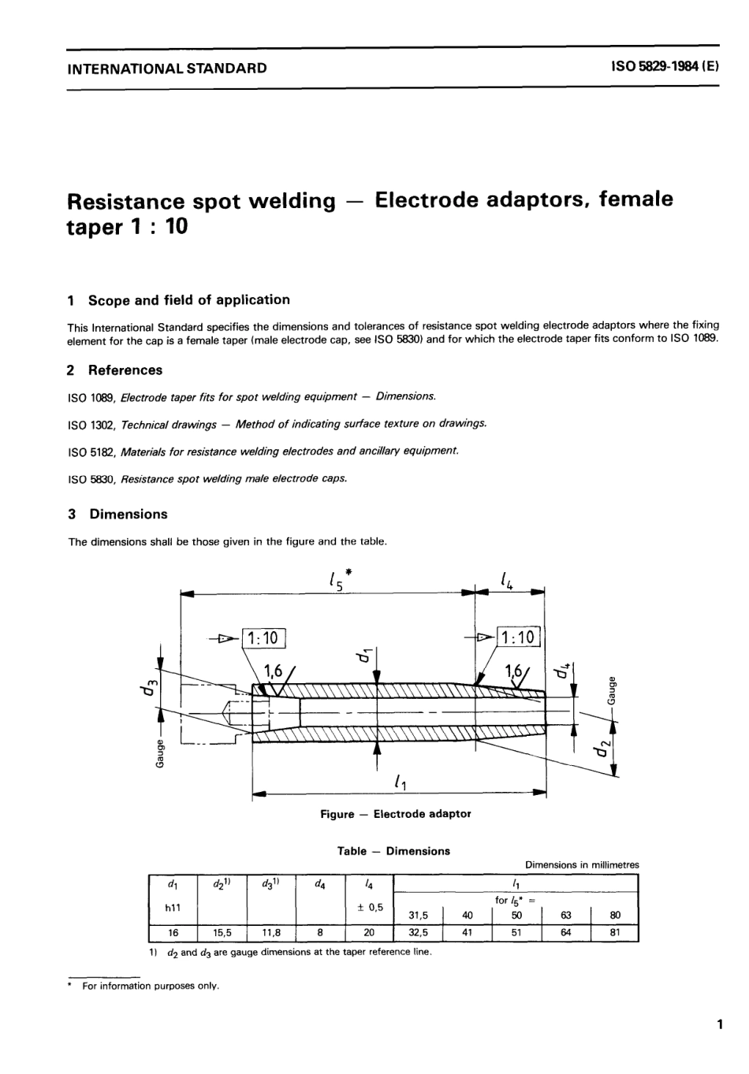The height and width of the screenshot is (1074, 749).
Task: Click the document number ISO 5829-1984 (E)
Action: pyautogui.click(x=665, y=67)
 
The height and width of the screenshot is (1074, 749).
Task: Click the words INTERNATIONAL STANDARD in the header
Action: pyautogui.click(x=167, y=68)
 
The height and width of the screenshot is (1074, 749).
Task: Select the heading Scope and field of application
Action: pyautogui.click(x=188, y=299)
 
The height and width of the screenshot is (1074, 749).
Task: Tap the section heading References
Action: pyautogui.click(x=125, y=370)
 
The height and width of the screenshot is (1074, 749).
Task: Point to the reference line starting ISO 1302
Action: pyautogui.click(x=278, y=424)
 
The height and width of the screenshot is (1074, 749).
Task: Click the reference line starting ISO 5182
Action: pyautogui.click(x=263, y=451)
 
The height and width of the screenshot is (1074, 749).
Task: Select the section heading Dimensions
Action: pyautogui.click(x=128, y=514)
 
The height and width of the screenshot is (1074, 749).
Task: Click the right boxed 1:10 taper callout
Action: pyautogui.click(x=517, y=637)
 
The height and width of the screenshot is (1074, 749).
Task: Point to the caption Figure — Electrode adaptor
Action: pyautogui.click(x=395, y=814)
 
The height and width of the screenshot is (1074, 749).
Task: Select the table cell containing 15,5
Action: pyautogui.click(x=222, y=932)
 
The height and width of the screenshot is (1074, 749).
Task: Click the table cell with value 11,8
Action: pyautogui.click(x=270, y=932)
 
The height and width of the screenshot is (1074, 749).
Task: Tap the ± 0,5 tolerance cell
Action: pyautogui.click(x=369, y=906)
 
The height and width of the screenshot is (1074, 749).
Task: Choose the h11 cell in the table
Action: pyautogui.click(x=173, y=907)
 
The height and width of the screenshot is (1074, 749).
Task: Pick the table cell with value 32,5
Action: pyautogui.click(x=418, y=932)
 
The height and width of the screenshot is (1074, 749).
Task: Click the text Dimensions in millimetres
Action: pyautogui.click(x=582, y=864)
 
